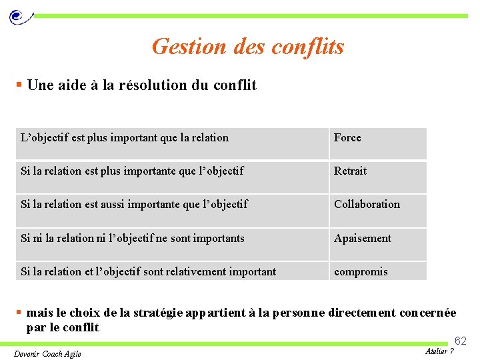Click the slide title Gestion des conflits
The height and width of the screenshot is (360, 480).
(248, 47)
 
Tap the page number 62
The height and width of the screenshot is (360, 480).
(461, 341)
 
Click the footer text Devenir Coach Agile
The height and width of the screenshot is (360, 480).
(47, 353)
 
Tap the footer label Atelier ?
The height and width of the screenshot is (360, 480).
(439, 351)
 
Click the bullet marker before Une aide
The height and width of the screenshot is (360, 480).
(19, 85)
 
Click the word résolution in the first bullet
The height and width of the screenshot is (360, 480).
(162, 85)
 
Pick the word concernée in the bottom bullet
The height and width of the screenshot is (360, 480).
(425, 313)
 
